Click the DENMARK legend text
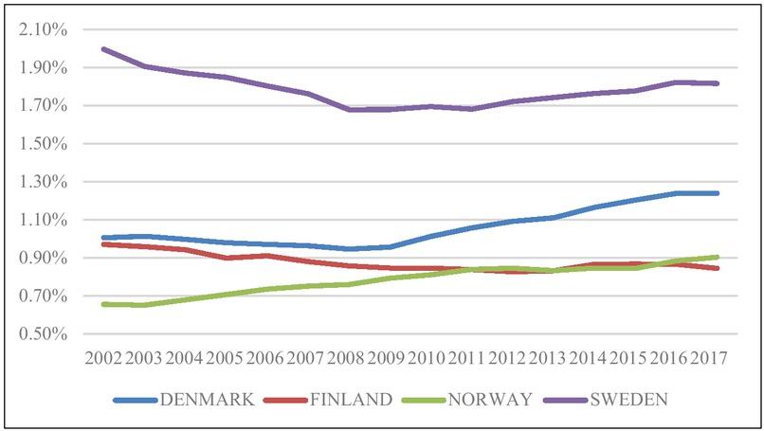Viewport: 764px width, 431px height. (206, 399)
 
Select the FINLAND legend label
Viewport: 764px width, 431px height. (352, 399)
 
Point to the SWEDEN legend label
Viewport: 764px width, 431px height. (629, 399)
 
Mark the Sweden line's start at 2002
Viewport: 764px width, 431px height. (102, 48)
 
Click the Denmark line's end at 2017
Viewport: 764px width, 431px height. (718, 193)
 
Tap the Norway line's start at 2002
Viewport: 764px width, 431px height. (102, 304)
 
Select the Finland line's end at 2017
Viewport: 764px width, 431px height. (718, 268)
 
